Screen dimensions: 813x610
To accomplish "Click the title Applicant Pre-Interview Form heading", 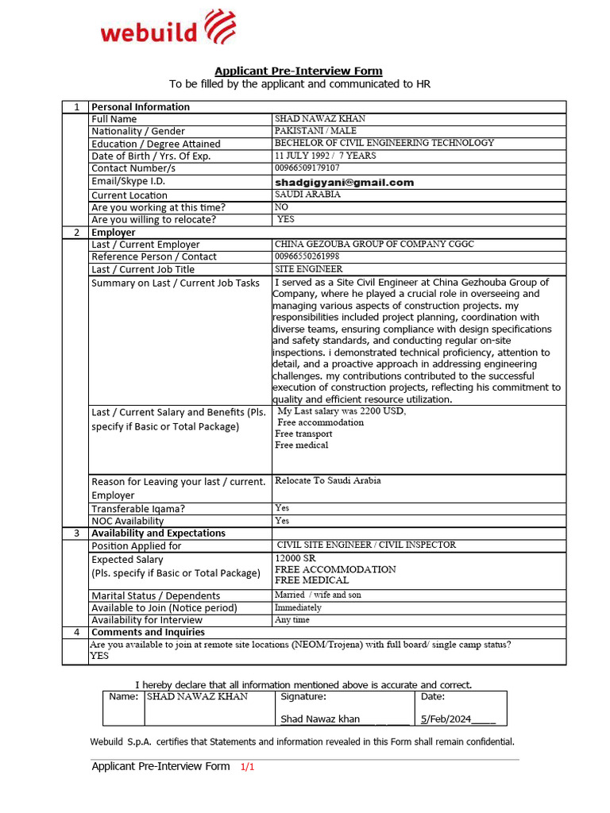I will pyautogui.click(x=298, y=71).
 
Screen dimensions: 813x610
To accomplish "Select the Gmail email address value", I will pyautogui.click(x=345, y=182).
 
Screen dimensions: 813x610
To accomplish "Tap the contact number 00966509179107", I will pyautogui.click(x=307, y=168).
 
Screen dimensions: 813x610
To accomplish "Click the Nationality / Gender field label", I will pyautogui.click(x=138, y=131).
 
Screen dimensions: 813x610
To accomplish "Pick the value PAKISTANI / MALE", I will pyautogui.click(x=315, y=131).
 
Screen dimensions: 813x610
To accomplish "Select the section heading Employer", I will pyautogui.click(x=114, y=233).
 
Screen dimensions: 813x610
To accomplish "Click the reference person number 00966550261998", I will pyautogui.click(x=307, y=256).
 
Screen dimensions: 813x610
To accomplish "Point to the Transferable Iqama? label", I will pyautogui.click(x=137, y=509).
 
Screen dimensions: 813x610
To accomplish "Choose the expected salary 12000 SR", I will pyautogui.click(x=294, y=558).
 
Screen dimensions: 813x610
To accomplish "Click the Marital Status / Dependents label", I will pyautogui.click(x=156, y=595).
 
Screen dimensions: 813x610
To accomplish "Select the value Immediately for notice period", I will pyautogui.click(x=298, y=607).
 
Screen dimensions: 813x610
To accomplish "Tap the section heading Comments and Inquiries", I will pyautogui.click(x=148, y=632).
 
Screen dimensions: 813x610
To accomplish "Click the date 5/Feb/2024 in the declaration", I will pyautogui.click(x=446, y=719).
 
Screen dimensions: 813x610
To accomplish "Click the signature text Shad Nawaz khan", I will pyautogui.click(x=320, y=719).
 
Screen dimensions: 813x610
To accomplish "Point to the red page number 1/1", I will pyautogui.click(x=247, y=767).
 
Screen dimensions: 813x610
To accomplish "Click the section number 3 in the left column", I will pyautogui.click(x=76, y=534).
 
